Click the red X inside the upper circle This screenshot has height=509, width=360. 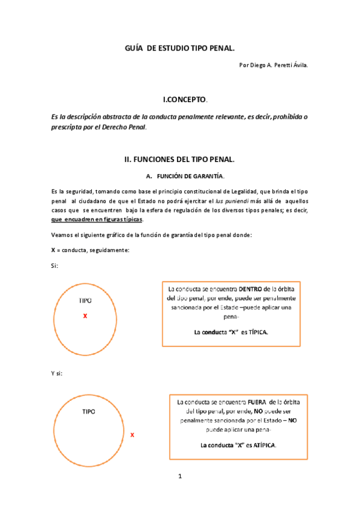click(x=85, y=315)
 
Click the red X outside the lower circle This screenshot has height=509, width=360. click(x=132, y=434)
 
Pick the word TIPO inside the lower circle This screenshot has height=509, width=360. click(x=88, y=412)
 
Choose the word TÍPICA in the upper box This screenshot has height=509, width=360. click(x=256, y=331)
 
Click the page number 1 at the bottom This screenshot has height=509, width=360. click(x=179, y=477)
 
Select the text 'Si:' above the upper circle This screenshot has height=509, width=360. click(x=55, y=265)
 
